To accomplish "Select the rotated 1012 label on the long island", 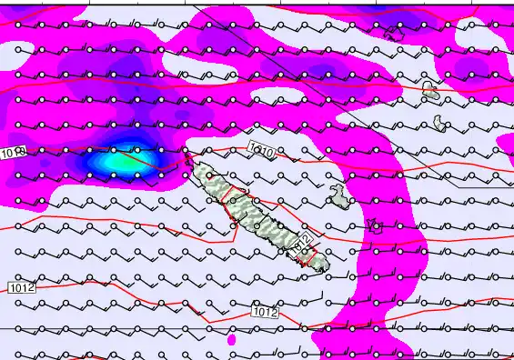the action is pos(305,243).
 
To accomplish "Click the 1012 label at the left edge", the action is pos(21,288).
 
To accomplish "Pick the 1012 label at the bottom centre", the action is pos(265,313).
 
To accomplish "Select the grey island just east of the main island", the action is pos(338,195).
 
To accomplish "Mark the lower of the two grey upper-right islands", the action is pos(440,123).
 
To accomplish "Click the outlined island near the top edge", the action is pos(394,33).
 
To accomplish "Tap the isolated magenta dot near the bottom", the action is pos(232,340).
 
